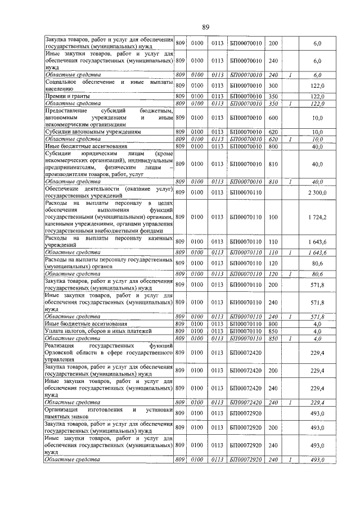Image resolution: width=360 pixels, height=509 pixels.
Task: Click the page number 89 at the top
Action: tap(206, 26)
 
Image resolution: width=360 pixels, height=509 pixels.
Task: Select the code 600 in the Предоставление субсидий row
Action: tap(273, 118)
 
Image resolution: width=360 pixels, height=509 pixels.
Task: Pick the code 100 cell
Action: tap(273, 216)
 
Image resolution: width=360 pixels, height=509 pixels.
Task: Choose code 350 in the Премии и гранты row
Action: tap(273, 96)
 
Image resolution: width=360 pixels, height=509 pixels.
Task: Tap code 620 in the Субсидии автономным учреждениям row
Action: tap(273, 132)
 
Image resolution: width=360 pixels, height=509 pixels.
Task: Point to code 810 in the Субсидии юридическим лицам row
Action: tap(273, 164)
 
